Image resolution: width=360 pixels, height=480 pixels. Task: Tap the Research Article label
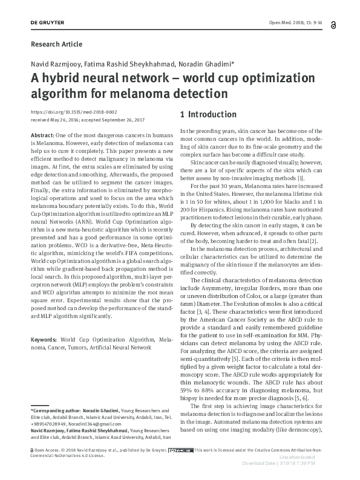click(x=56, y=44)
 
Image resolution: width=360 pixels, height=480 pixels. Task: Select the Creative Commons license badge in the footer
click(x=181, y=450)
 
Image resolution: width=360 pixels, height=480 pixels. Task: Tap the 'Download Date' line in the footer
click(x=296, y=464)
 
